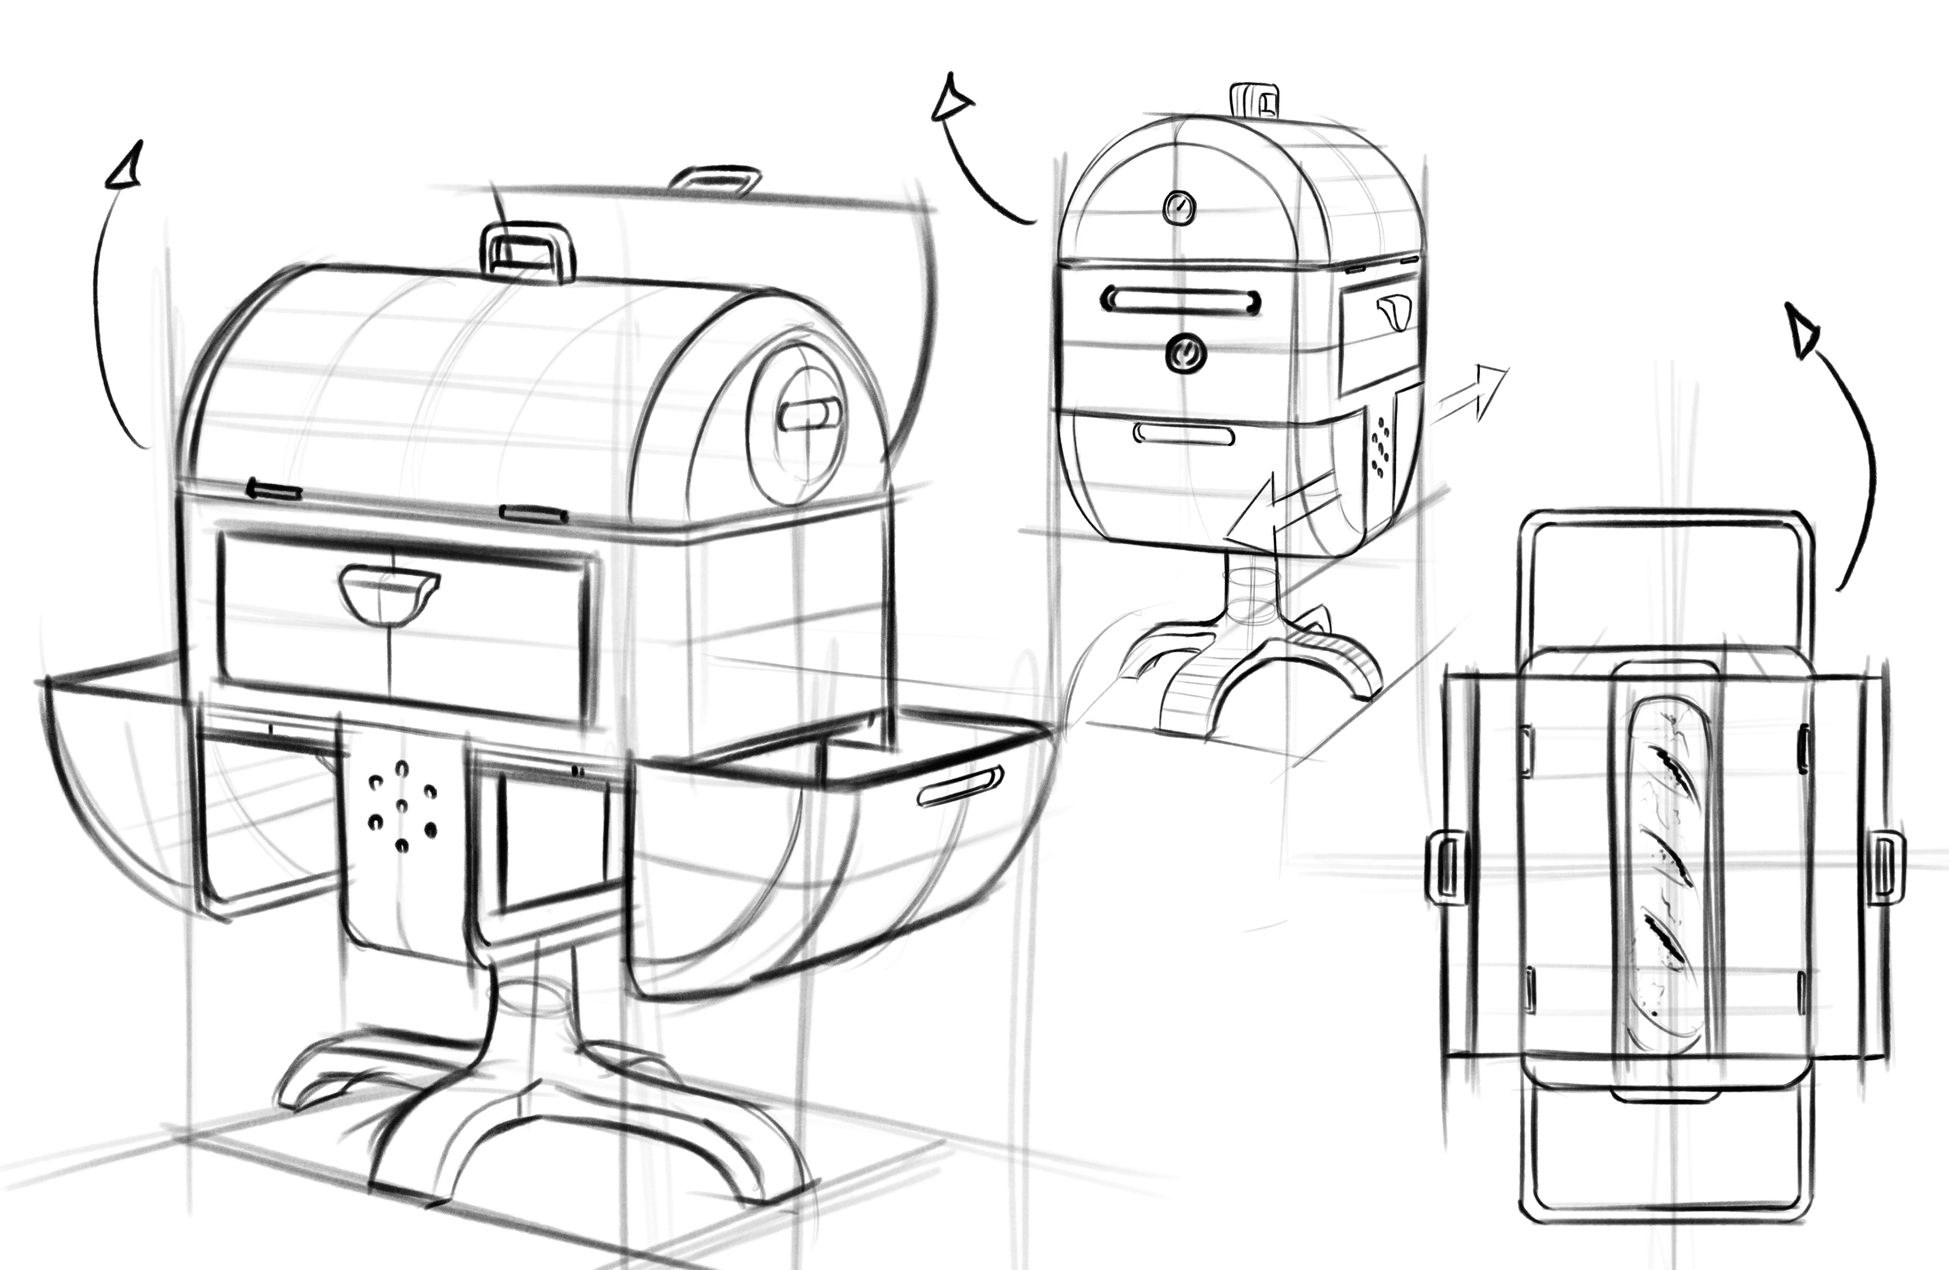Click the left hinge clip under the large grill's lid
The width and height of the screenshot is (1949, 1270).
pyautogui.click(x=275, y=490)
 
